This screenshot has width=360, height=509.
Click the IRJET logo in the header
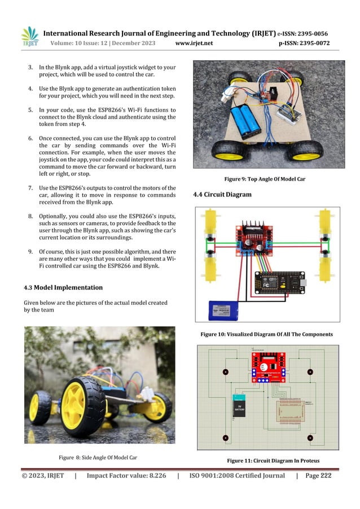[29, 37]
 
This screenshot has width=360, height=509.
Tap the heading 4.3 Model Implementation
[63, 288]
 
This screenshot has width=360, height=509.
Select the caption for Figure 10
[267, 334]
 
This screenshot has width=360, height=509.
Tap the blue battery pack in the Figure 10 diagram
[224, 310]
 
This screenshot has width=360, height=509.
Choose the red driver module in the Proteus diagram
[267, 366]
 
